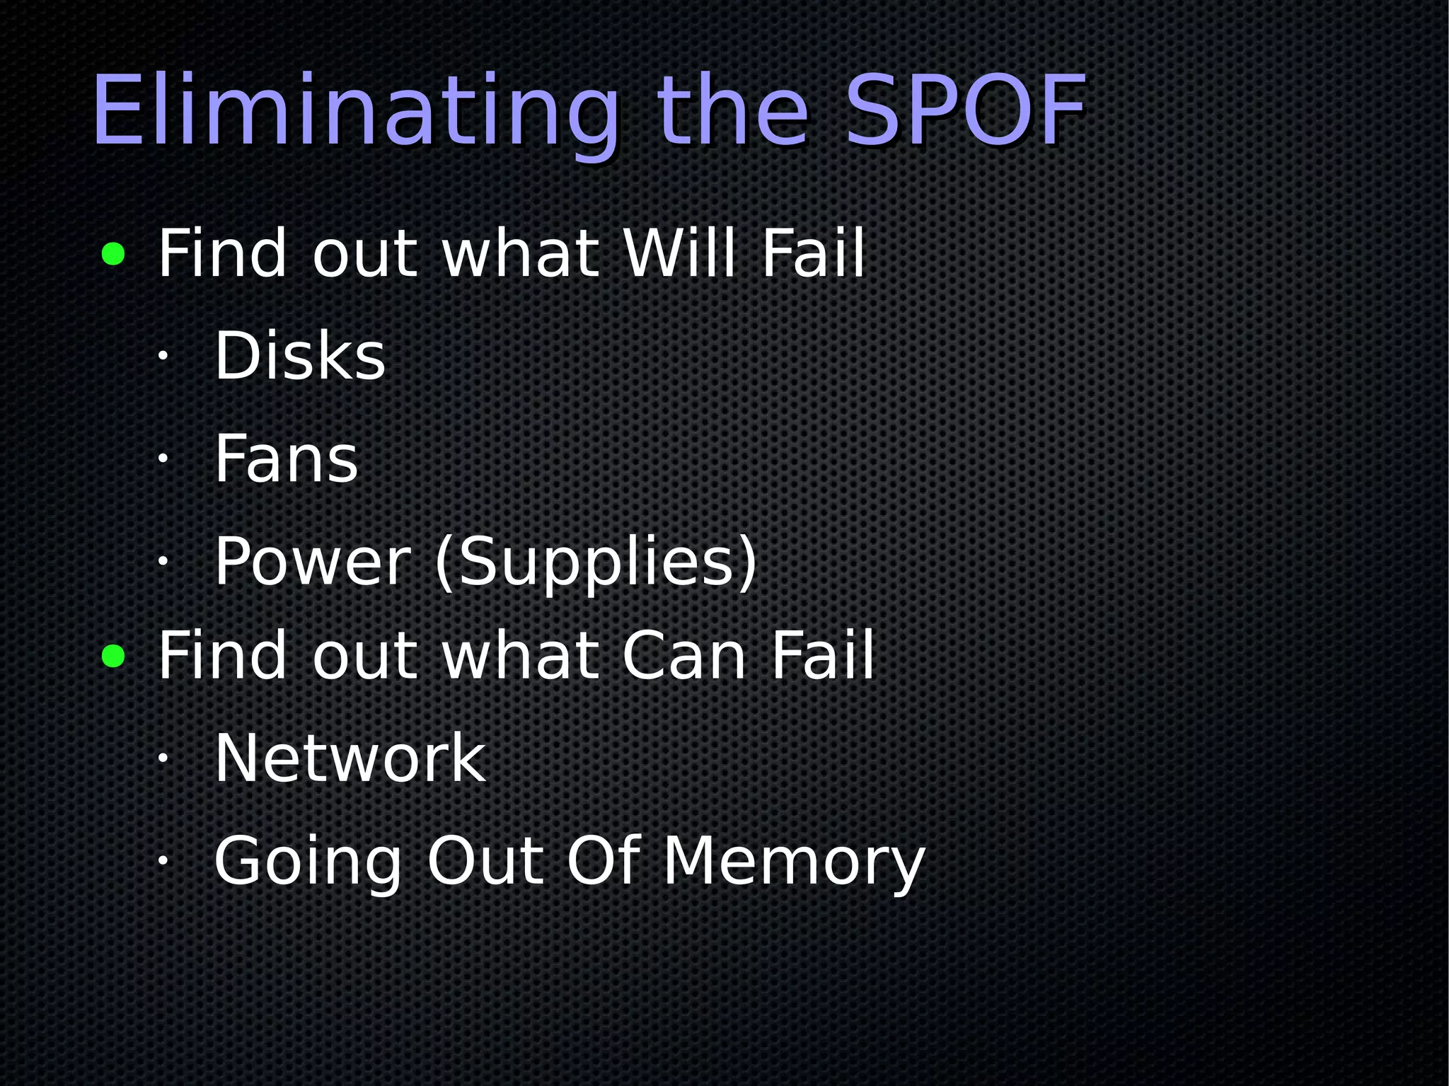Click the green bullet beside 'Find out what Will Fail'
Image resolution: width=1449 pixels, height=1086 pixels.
coord(113,254)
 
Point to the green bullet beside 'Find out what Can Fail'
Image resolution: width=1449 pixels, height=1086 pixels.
coord(113,656)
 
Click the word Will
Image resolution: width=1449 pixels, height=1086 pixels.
coord(679,253)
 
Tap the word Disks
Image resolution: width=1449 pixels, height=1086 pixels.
coord(299,355)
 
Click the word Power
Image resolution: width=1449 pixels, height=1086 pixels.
coord(312,562)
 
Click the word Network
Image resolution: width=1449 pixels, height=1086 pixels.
coord(350,758)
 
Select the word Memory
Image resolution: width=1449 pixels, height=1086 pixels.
coord(793,861)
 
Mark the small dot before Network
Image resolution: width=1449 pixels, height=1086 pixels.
coord(162,759)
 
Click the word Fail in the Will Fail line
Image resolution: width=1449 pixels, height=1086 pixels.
coord(813,253)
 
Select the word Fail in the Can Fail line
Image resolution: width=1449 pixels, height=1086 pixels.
coord(822,656)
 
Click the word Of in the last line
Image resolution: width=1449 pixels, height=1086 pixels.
coord(604,861)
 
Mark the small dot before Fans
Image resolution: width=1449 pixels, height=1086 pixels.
coord(162,459)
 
